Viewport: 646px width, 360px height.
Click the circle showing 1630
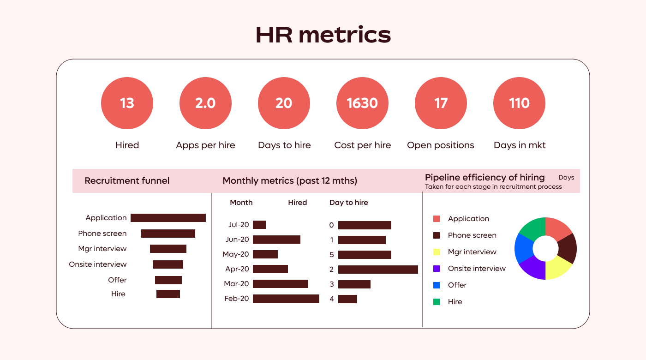click(362, 103)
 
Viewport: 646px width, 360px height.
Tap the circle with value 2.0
click(205, 103)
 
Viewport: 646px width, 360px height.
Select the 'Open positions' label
click(441, 145)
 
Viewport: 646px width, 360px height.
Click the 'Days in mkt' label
click(520, 145)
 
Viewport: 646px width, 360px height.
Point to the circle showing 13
click(127, 103)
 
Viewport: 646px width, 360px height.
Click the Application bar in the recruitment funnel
click(168, 218)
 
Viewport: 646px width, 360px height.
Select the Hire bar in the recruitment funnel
click(168, 294)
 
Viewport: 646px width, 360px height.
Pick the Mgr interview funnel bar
click(168, 249)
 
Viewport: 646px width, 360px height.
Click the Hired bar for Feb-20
click(286, 299)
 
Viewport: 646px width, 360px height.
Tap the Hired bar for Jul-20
click(259, 225)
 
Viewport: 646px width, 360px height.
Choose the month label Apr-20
click(237, 269)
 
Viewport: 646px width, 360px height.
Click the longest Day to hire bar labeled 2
click(378, 270)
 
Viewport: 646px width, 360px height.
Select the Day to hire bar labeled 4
click(347, 299)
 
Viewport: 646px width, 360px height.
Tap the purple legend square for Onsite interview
click(437, 269)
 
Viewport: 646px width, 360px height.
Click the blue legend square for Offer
click(437, 285)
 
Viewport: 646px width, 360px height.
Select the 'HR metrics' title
click(323, 35)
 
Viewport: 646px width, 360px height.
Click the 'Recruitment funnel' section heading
click(127, 180)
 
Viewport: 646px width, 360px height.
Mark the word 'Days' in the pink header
click(566, 177)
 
